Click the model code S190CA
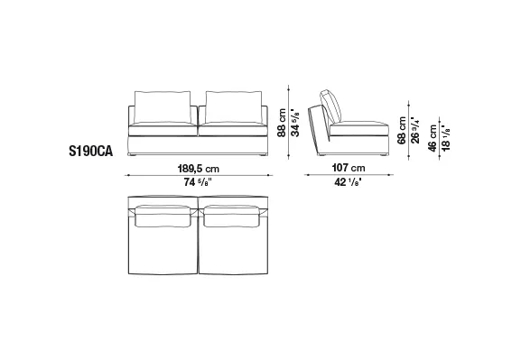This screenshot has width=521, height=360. [90, 152]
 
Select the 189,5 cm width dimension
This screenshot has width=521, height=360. [199, 169]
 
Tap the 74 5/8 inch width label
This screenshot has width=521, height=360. [198, 182]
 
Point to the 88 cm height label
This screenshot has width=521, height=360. [282, 123]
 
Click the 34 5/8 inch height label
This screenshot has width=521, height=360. [295, 122]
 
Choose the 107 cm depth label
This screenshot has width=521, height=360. [349, 168]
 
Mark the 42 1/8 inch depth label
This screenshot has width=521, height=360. [349, 182]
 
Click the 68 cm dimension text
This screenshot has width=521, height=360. [402, 130]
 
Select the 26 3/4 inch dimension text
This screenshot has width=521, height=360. [415, 130]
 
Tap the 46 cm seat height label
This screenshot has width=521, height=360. [433, 138]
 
